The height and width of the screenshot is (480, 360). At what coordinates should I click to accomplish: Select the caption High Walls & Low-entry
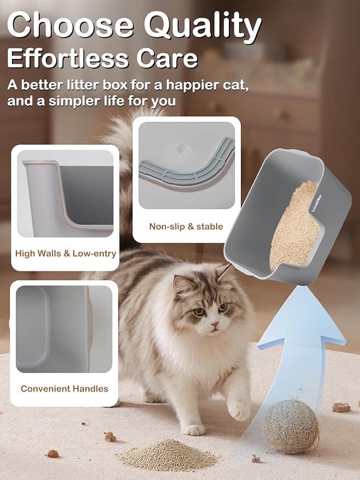coord(66,253)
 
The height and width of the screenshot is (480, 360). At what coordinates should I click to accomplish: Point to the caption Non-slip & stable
coord(186,226)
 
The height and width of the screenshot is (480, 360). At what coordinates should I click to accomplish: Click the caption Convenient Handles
coord(64,389)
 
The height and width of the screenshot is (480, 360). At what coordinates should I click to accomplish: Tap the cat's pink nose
coord(214,326)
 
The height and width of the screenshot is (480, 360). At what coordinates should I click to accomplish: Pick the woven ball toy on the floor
coord(291,426)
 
